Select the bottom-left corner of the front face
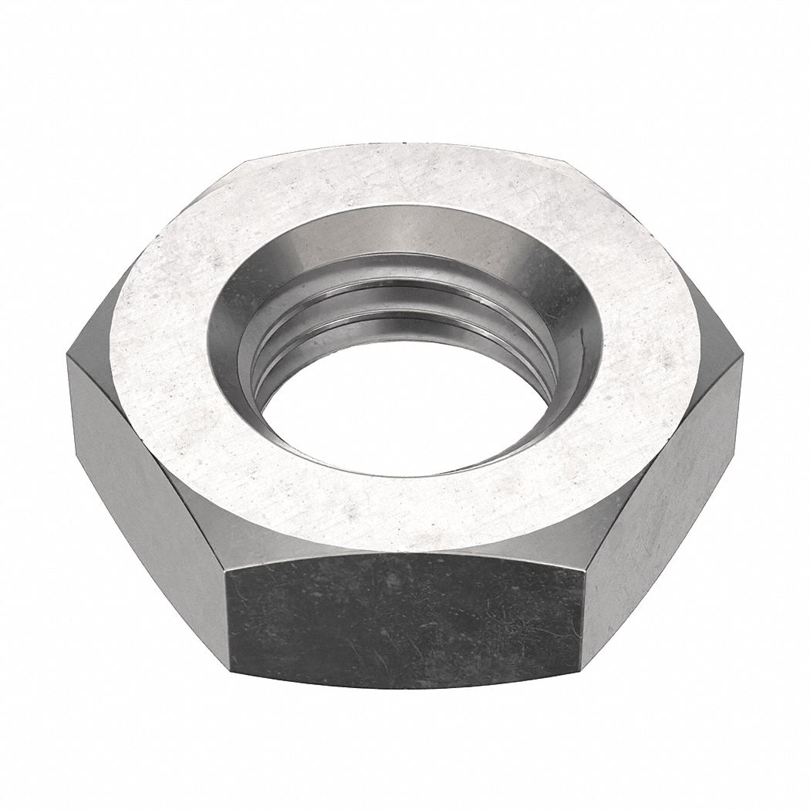231,669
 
